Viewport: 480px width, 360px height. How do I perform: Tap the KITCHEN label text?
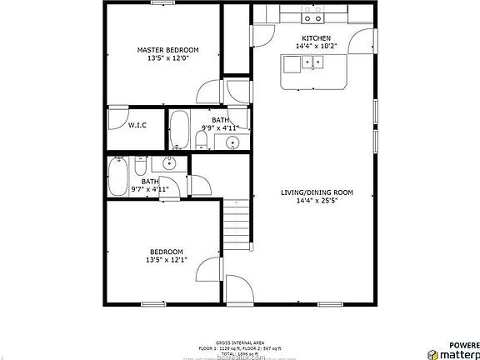[x=317, y=38]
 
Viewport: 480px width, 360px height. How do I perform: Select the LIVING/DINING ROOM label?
[x=317, y=192]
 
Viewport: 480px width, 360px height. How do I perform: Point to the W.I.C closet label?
[x=137, y=125]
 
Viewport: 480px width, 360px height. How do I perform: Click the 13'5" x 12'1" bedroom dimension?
[x=166, y=260]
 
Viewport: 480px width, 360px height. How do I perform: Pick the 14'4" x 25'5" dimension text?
[x=317, y=200]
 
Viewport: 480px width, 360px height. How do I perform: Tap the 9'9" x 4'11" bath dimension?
[x=219, y=128]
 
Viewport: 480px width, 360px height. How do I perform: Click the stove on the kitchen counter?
[x=313, y=16]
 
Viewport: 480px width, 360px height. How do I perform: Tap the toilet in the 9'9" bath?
[x=202, y=137]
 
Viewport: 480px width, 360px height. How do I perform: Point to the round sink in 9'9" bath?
[x=232, y=142]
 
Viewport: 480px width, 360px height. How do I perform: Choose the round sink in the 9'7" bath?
[x=170, y=164]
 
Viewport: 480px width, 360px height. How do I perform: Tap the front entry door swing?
[x=238, y=292]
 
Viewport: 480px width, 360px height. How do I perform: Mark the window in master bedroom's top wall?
[x=162, y=3]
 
